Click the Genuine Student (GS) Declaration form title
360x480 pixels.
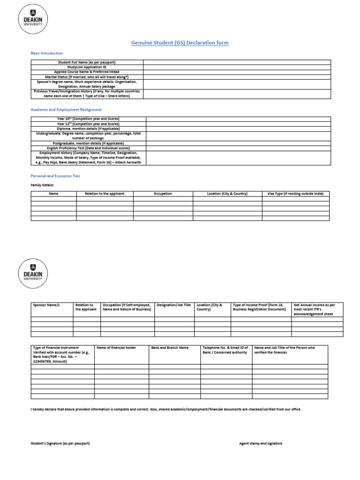180,43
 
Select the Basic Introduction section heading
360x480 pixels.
47,53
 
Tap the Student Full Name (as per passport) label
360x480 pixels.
87,62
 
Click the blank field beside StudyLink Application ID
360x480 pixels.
237,67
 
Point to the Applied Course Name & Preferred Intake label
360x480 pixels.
87,72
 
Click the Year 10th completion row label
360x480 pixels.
88,119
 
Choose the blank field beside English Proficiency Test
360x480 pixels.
238,148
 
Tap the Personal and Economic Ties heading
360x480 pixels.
55,176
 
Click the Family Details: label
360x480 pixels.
43,185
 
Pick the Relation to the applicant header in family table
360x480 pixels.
105,194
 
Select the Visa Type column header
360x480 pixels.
295,194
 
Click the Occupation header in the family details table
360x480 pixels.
163,194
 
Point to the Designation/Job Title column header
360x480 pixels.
174,305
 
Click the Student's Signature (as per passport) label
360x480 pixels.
60,443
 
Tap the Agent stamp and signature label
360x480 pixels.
261,443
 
